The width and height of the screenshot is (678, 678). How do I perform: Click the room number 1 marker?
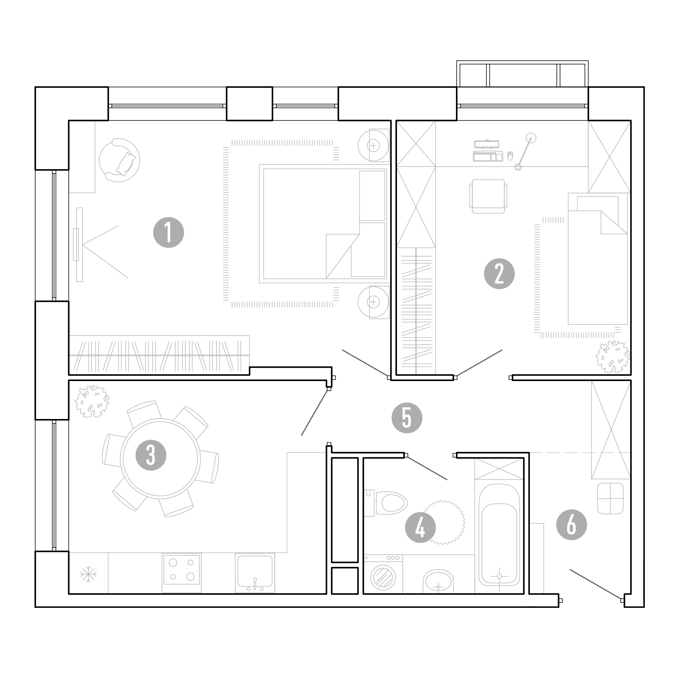[168, 233]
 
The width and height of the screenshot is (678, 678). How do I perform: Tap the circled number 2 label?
[499, 274]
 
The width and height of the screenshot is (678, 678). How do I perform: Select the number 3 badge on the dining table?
[151, 455]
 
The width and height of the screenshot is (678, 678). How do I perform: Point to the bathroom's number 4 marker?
[420, 527]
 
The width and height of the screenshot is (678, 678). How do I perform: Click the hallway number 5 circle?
[407, 418]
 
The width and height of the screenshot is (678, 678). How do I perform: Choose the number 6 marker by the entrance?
[572, 525]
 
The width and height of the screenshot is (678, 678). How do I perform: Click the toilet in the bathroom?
[386, 503]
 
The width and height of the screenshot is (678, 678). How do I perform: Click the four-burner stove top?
[182, 573]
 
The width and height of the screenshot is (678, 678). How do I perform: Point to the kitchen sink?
[255, 573]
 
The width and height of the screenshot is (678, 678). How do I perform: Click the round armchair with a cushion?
[119, 160]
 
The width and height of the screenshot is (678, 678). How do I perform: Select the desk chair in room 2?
[488, 196]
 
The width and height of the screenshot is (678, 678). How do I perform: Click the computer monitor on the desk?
[487, 144]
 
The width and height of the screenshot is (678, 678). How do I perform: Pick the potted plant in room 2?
[613, 357]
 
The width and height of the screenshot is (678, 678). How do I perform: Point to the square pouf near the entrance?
[610, 498]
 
